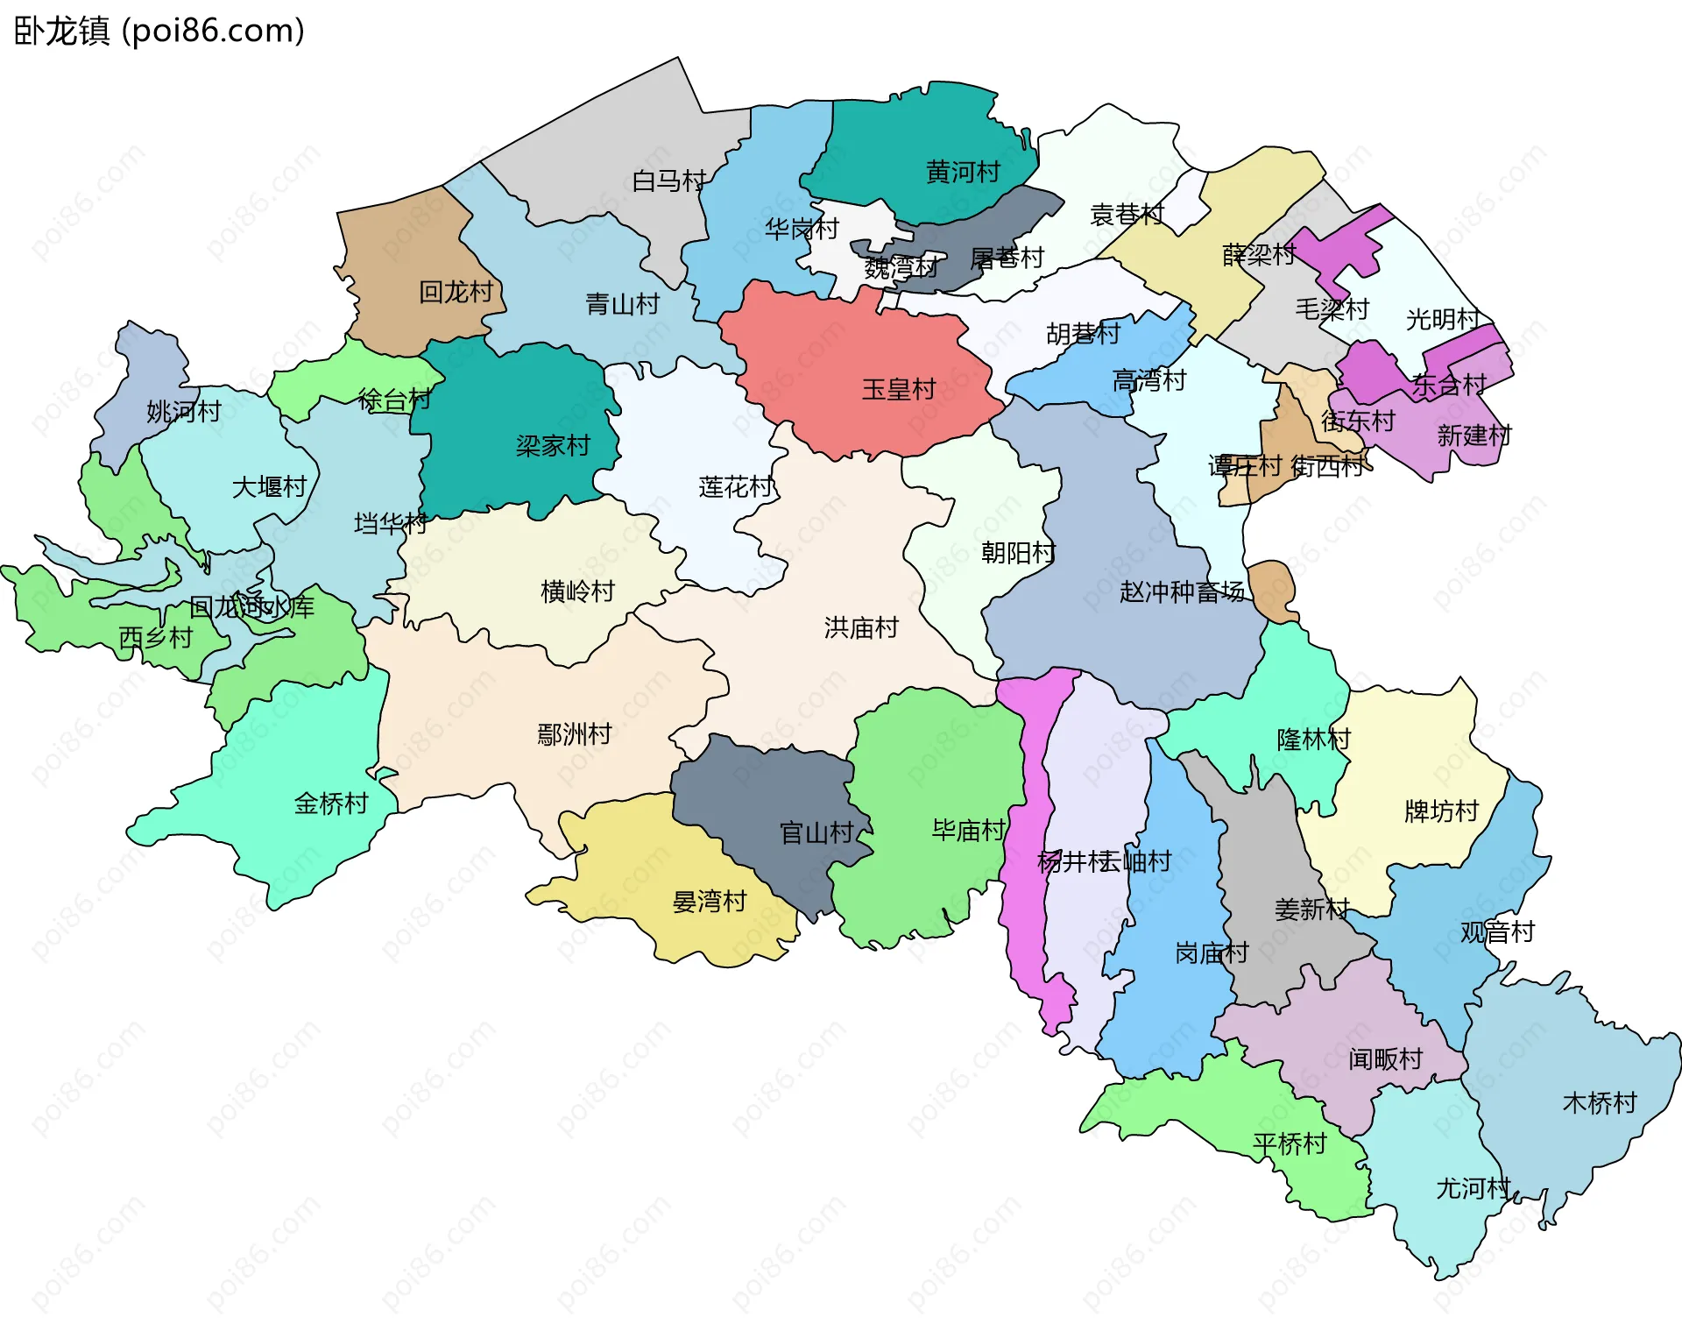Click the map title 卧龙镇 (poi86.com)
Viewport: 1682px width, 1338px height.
click(159, 31)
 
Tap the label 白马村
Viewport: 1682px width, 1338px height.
click(668, 181)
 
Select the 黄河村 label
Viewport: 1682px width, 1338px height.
click(963, 172)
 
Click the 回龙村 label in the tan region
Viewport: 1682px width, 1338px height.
click(456, 292)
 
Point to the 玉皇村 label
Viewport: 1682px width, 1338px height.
click(899, 389)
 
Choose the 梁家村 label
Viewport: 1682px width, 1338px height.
click(553, 446)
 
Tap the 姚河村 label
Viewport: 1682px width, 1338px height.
click(183, 411)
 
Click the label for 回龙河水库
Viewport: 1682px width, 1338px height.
click(251, 607)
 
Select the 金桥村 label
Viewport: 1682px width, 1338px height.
click(330, 804)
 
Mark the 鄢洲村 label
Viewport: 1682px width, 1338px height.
click(574, 734)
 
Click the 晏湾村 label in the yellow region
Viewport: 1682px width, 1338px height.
click(709, 902)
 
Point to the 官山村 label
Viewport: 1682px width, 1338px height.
click(816, 832)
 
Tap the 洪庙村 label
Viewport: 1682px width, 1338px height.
click(861, 627)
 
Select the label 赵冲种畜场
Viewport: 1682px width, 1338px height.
click(1182, 592)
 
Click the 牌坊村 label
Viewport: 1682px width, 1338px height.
click(1441, 811)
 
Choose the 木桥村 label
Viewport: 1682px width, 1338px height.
click(1600, 1103)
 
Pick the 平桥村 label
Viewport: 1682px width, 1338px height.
click(1290, 1143)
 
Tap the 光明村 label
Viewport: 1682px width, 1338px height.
click(1443, 320)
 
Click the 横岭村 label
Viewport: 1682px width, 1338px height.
click(577, 591)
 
